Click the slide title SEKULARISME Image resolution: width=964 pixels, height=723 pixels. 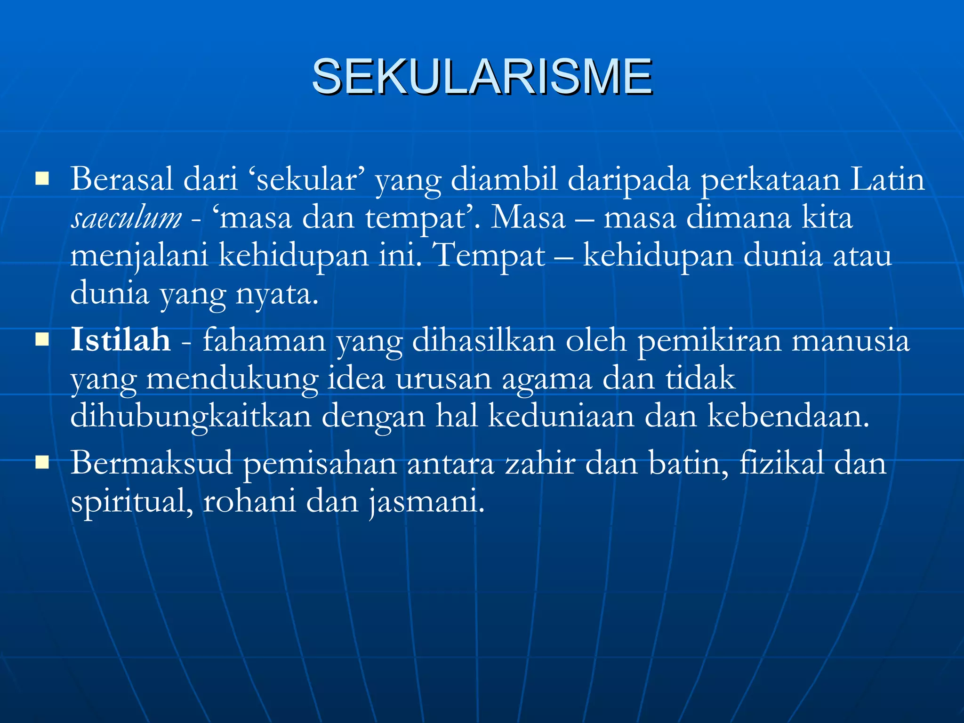tap(482, 76)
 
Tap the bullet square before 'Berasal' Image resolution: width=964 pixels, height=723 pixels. tap(42, 179)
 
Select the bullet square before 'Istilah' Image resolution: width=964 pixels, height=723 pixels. tap(42, 339)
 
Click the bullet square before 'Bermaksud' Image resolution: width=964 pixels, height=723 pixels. tap(42, 463)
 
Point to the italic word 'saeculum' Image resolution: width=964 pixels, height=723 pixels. tap(126, 218)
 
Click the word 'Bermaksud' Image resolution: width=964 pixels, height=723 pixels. tap(152, 463)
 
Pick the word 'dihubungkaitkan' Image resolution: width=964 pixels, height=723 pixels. tap(191, 417)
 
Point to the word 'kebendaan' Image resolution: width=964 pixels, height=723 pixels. tap(788, 417)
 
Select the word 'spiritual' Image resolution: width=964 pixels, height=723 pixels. tap(132, 502)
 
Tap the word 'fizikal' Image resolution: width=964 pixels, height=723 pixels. tap(781, 463)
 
